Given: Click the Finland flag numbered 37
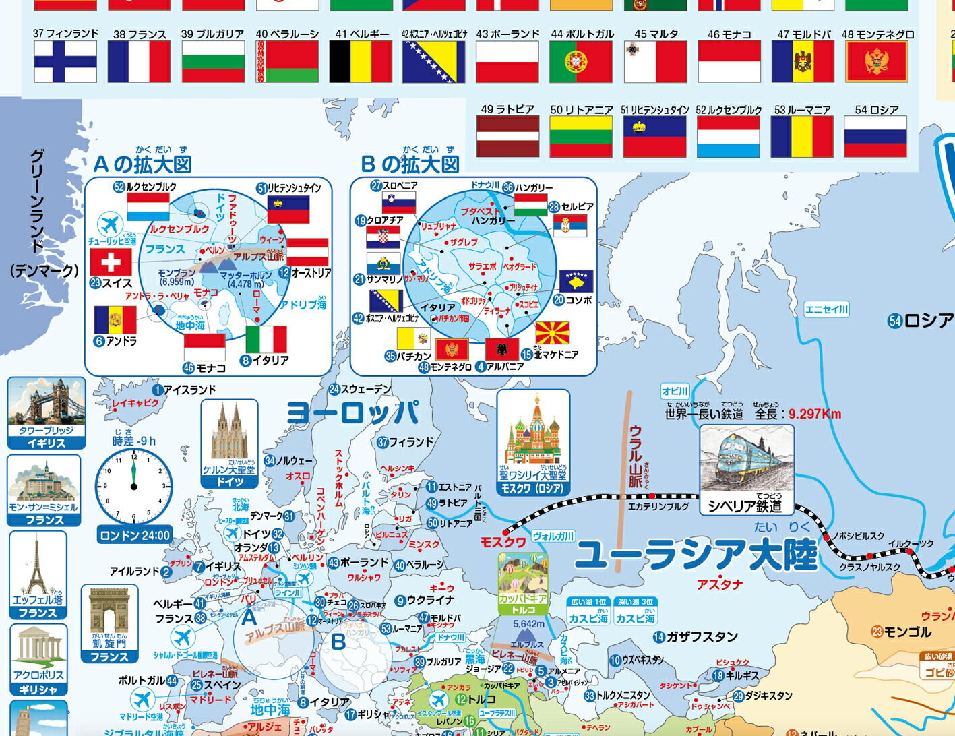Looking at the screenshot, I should (x=65, y=61).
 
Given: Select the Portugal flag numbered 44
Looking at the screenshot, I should (x=581, y=61).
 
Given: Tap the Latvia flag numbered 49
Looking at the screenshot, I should (x=508, y=136).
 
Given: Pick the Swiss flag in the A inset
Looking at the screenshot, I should (x=111, y=262).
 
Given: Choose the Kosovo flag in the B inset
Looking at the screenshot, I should (x=576, y=280).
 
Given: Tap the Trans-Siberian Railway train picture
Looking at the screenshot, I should (x=747, y=462).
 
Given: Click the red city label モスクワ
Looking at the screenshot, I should (x=503, y=542).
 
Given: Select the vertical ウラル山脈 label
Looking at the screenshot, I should (x=636, y=456).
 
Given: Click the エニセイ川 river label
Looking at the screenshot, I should (x=826, y=309).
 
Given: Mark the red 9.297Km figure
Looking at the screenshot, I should (x=815, y=414).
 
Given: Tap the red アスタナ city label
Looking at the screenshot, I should (x=720, y=584).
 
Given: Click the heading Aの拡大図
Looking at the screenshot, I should (x=142, y=164).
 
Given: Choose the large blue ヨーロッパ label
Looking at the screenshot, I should (x=352, y=412).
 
